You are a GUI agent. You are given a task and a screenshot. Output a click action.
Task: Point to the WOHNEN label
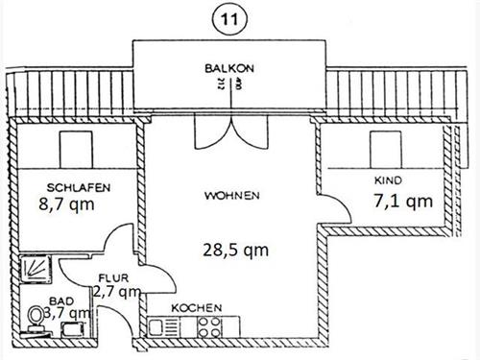pos(232,196)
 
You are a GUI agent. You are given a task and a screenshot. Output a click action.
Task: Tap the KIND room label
pos(387,180)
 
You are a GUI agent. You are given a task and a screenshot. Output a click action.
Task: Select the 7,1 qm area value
pos(403,201)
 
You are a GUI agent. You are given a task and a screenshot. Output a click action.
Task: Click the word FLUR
pos(112,279)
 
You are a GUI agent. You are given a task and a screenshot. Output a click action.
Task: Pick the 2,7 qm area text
pos(120,292)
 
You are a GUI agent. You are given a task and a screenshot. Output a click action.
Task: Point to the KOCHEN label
pos(197,308)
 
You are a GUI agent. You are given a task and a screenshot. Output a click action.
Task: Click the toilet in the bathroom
pos(36,317)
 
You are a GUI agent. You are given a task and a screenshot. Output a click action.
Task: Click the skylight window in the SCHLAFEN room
pos(76,150)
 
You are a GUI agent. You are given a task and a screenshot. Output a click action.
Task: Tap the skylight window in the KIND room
pos(388,149)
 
